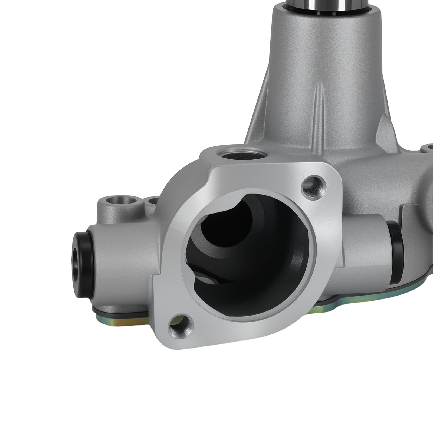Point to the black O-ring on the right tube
396,238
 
